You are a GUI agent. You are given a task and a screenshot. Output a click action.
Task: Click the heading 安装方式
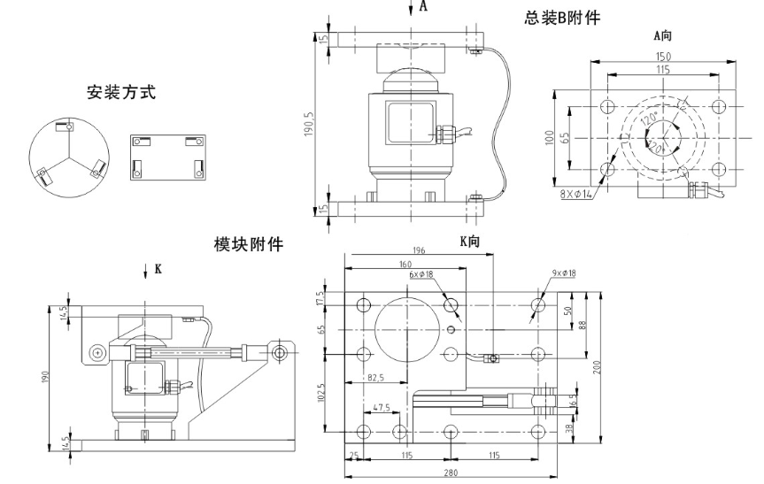(x=121, y=91)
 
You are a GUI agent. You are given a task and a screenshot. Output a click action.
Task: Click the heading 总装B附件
(x=562, y=17)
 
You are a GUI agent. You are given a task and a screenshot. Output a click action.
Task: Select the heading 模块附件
(x=249, y=243)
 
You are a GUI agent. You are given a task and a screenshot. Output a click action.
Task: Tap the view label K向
(x=469, y=241)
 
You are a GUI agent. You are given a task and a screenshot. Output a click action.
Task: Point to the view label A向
(x=663, y=36)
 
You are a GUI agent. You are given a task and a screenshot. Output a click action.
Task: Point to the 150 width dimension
(x=662, y=57)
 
